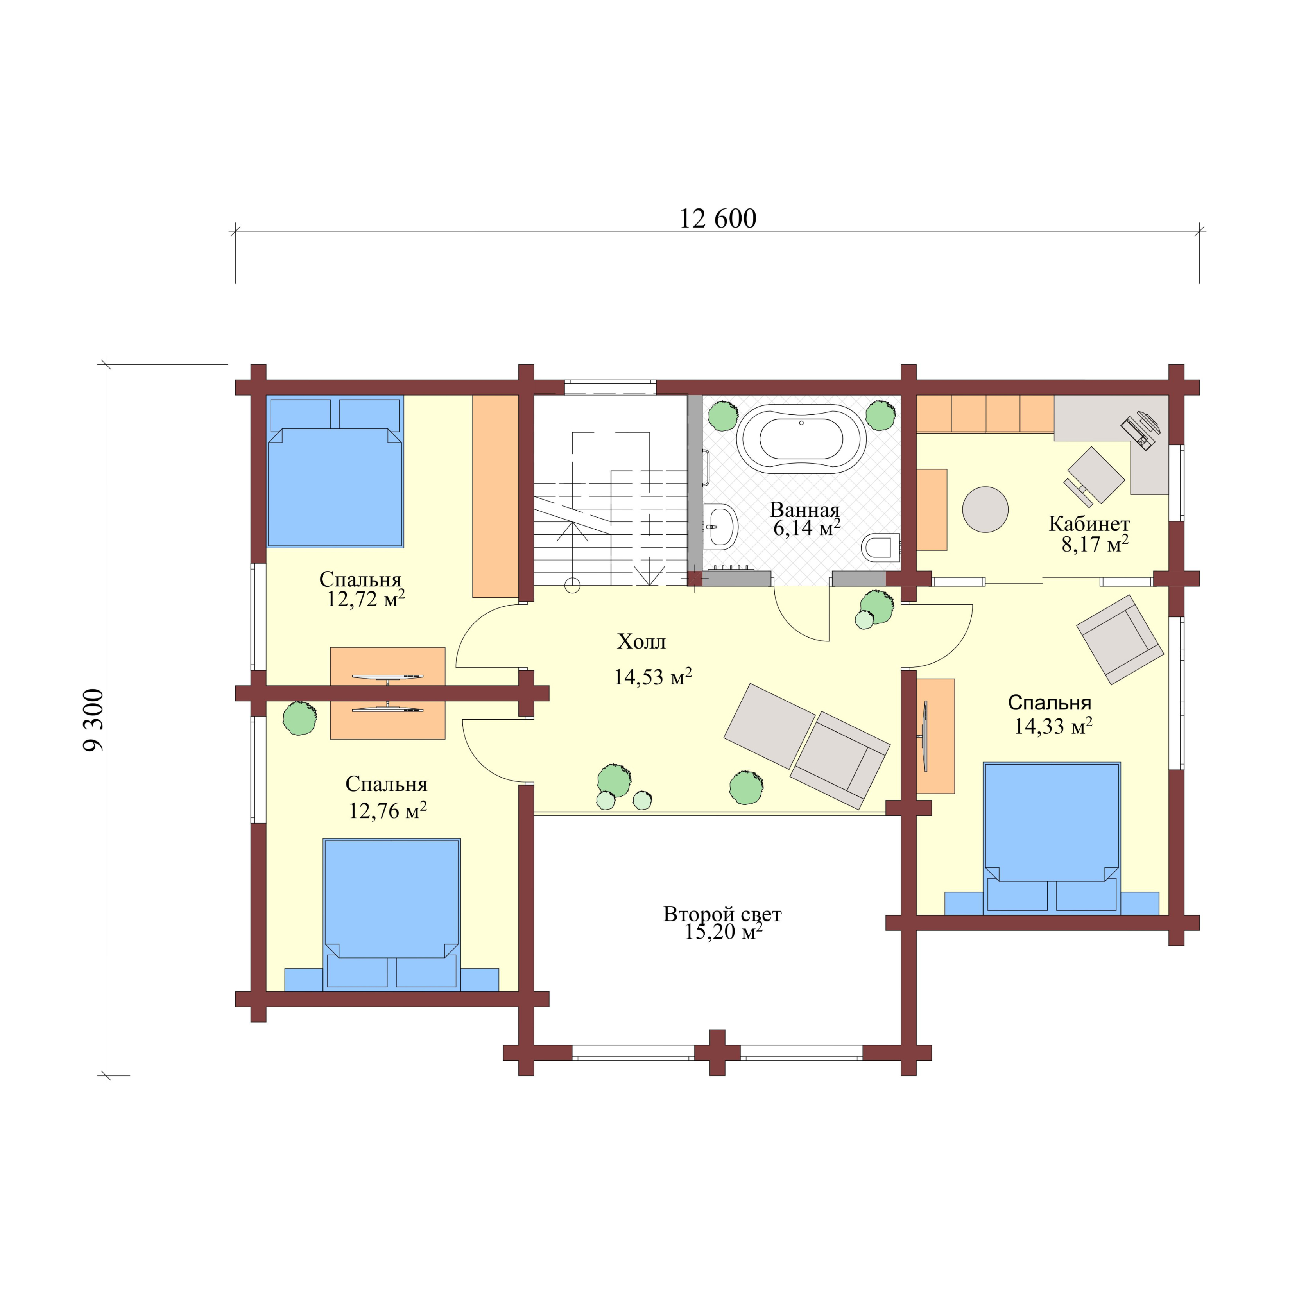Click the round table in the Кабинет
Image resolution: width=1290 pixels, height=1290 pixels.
[x=985, y=509]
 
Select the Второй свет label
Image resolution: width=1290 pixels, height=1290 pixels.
[x=722, y=914]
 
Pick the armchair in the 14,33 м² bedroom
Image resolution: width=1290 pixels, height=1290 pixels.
[x=1120, y=640]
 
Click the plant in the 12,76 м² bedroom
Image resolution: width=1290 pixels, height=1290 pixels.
[x=300, y=718]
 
